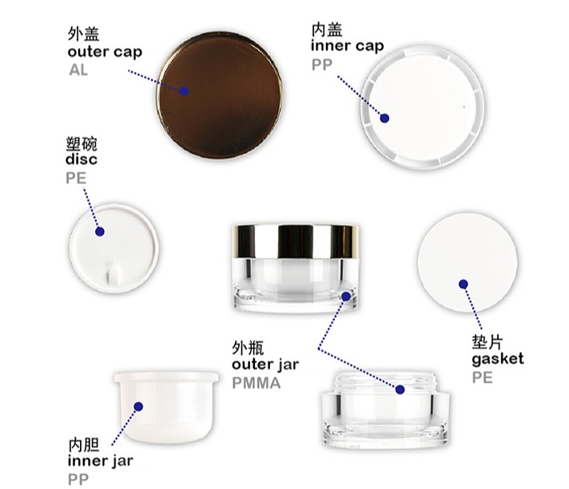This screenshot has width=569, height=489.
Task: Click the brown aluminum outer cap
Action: pyautogui.click(x=220, y=95)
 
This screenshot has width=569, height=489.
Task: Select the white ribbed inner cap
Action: pyautogui.click(x=422, y=107)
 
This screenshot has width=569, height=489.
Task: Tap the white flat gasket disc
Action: pyautogui.click(x=468, y=262)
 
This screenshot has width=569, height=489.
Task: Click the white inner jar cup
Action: pyautogui.click(x=166, y=407)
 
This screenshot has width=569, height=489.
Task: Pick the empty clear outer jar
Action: pyautogui.click(x=385, y=409)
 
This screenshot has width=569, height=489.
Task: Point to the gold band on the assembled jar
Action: pyautogui.click(x=295, y=242)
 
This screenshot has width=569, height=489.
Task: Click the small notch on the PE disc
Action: pyautogui.click(x=113, y=274)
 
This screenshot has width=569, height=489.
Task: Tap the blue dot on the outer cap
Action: pyautogui.click(x=184, y=91)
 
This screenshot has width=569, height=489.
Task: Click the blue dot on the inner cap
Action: pyautogui.click(x=384, y=118)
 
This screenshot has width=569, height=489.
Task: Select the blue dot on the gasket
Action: pyautogui.click(x=463, y=284)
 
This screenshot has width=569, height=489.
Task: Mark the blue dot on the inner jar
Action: pyautogui.click(x=138, y=406)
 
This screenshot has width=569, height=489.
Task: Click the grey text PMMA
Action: pyautogui.click(x=257, y=383)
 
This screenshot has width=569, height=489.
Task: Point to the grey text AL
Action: pyautogui.click(x=78, y=70)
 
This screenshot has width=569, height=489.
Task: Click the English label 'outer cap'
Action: pyautogui.click(x=105, y=52)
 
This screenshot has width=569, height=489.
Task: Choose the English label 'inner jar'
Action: pyautogui.click(x=100, y=461)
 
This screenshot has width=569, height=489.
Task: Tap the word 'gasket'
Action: pyautogui.click(x=498, y=359)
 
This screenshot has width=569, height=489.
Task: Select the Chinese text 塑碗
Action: pyautogui.click(x=82, y=144)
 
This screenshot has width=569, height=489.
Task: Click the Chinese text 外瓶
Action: pyautogui.click(x=248, y=347)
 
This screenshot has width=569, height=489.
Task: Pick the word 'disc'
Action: pyautogui.click(x=82, y=160)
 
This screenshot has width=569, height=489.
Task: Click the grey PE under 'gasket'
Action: pyautogui.click(x=482, y=378)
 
